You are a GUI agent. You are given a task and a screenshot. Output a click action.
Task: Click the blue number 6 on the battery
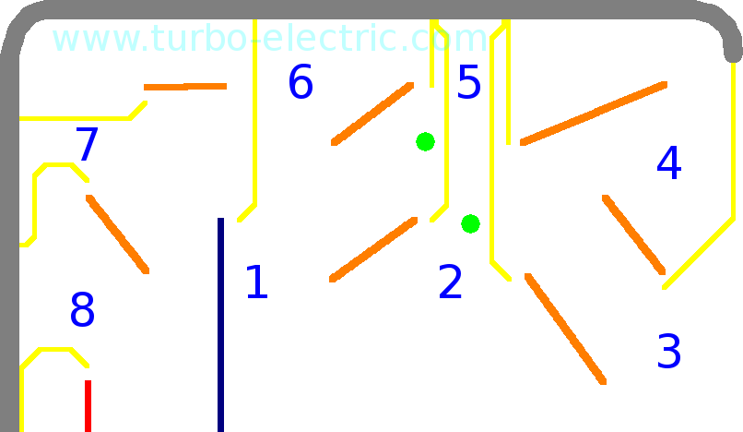point(300,82)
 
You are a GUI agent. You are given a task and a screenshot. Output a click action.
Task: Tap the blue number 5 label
point(469,82)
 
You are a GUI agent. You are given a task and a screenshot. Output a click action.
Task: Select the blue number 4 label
point(668,163)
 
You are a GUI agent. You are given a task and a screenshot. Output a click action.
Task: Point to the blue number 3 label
point(668,352)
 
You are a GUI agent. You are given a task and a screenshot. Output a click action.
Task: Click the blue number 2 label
point(450,283)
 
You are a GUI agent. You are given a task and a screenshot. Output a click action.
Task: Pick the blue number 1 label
point(256,283)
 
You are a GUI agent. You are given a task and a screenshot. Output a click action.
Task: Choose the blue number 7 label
point(86,145)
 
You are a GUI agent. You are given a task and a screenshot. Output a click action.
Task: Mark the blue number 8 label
point(82,311)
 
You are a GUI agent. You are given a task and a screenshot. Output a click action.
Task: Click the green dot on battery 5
point(425,141)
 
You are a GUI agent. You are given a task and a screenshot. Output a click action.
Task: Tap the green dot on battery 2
point(470,223)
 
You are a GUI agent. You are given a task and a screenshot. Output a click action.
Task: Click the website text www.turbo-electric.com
point(269,39)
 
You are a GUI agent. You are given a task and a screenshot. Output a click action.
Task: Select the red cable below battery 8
point(88,411)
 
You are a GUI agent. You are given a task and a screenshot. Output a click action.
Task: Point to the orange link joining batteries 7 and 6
point(189,88)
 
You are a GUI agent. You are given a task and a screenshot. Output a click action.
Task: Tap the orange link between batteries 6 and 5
point(373,114)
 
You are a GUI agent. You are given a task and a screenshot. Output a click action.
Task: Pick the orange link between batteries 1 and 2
point(373,249)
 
